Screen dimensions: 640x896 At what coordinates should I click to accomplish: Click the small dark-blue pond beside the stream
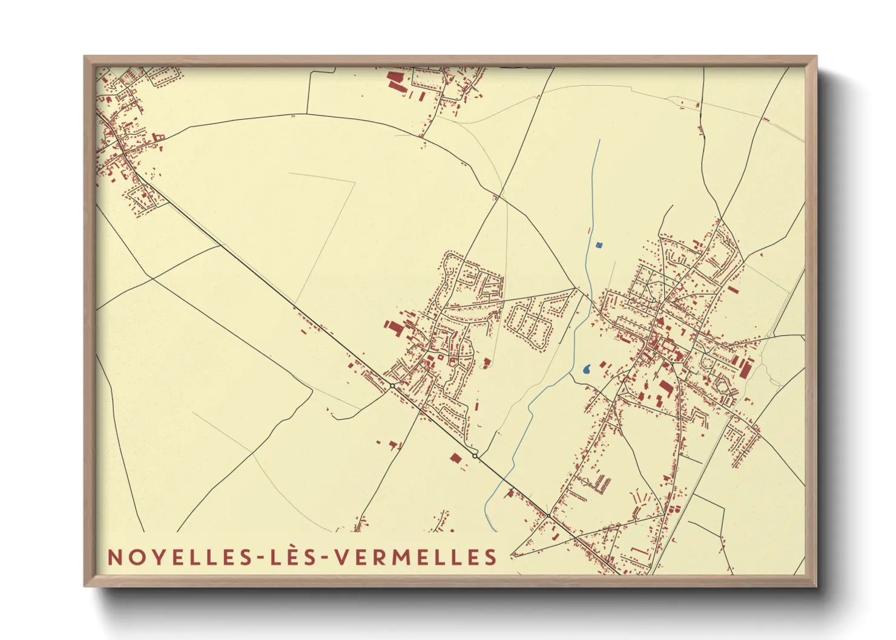point(599,245)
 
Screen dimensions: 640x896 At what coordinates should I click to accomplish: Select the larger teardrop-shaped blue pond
point(587,369)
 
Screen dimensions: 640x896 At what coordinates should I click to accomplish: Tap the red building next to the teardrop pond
point(603,364)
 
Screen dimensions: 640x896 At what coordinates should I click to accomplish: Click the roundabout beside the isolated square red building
point(475,455)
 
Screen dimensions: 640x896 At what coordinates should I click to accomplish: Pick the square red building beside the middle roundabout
point(455,457)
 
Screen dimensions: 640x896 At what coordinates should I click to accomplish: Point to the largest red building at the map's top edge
point(395,81)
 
